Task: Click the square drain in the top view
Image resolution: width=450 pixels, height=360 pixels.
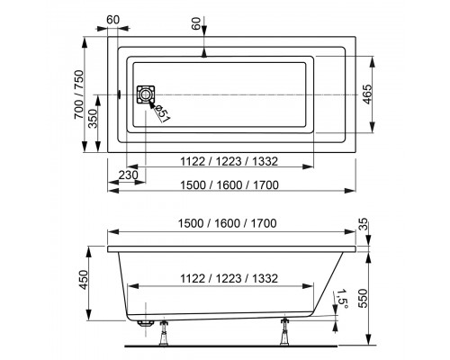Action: (144, 95)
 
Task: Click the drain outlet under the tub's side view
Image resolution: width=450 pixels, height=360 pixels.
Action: (145, 319)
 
